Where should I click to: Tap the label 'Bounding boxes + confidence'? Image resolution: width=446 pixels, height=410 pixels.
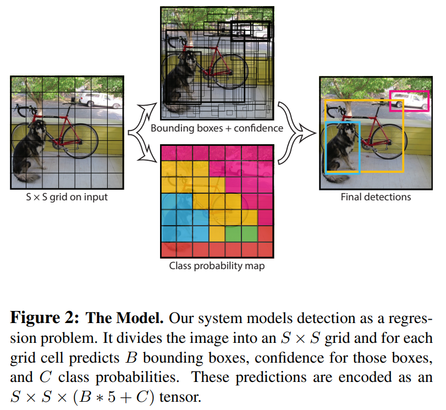pos(217,128)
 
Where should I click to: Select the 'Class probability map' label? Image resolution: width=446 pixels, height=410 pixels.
pos(217,266)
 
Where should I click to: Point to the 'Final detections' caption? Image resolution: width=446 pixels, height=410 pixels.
pos(376,196)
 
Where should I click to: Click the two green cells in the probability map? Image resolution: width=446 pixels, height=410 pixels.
pos(241,234)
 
